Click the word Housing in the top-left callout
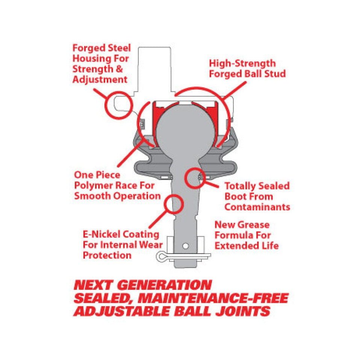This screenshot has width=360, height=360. click(x=92, y=59)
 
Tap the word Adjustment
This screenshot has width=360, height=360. click(x=100, y=80)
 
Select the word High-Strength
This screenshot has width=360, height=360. click(x=242, y=64)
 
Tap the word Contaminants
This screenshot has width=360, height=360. click(x=257, y=207)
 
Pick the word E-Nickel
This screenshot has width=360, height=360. click(x=101, y=234)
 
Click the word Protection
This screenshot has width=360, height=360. click(x=107, y=255)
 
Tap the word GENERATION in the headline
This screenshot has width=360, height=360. click(x=164, y=285)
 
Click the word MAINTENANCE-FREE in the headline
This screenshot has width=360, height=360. click(x=213, y=298)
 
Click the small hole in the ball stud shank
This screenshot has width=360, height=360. click(x=186, y=246)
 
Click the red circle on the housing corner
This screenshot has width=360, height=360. click(x=119, y=105)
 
